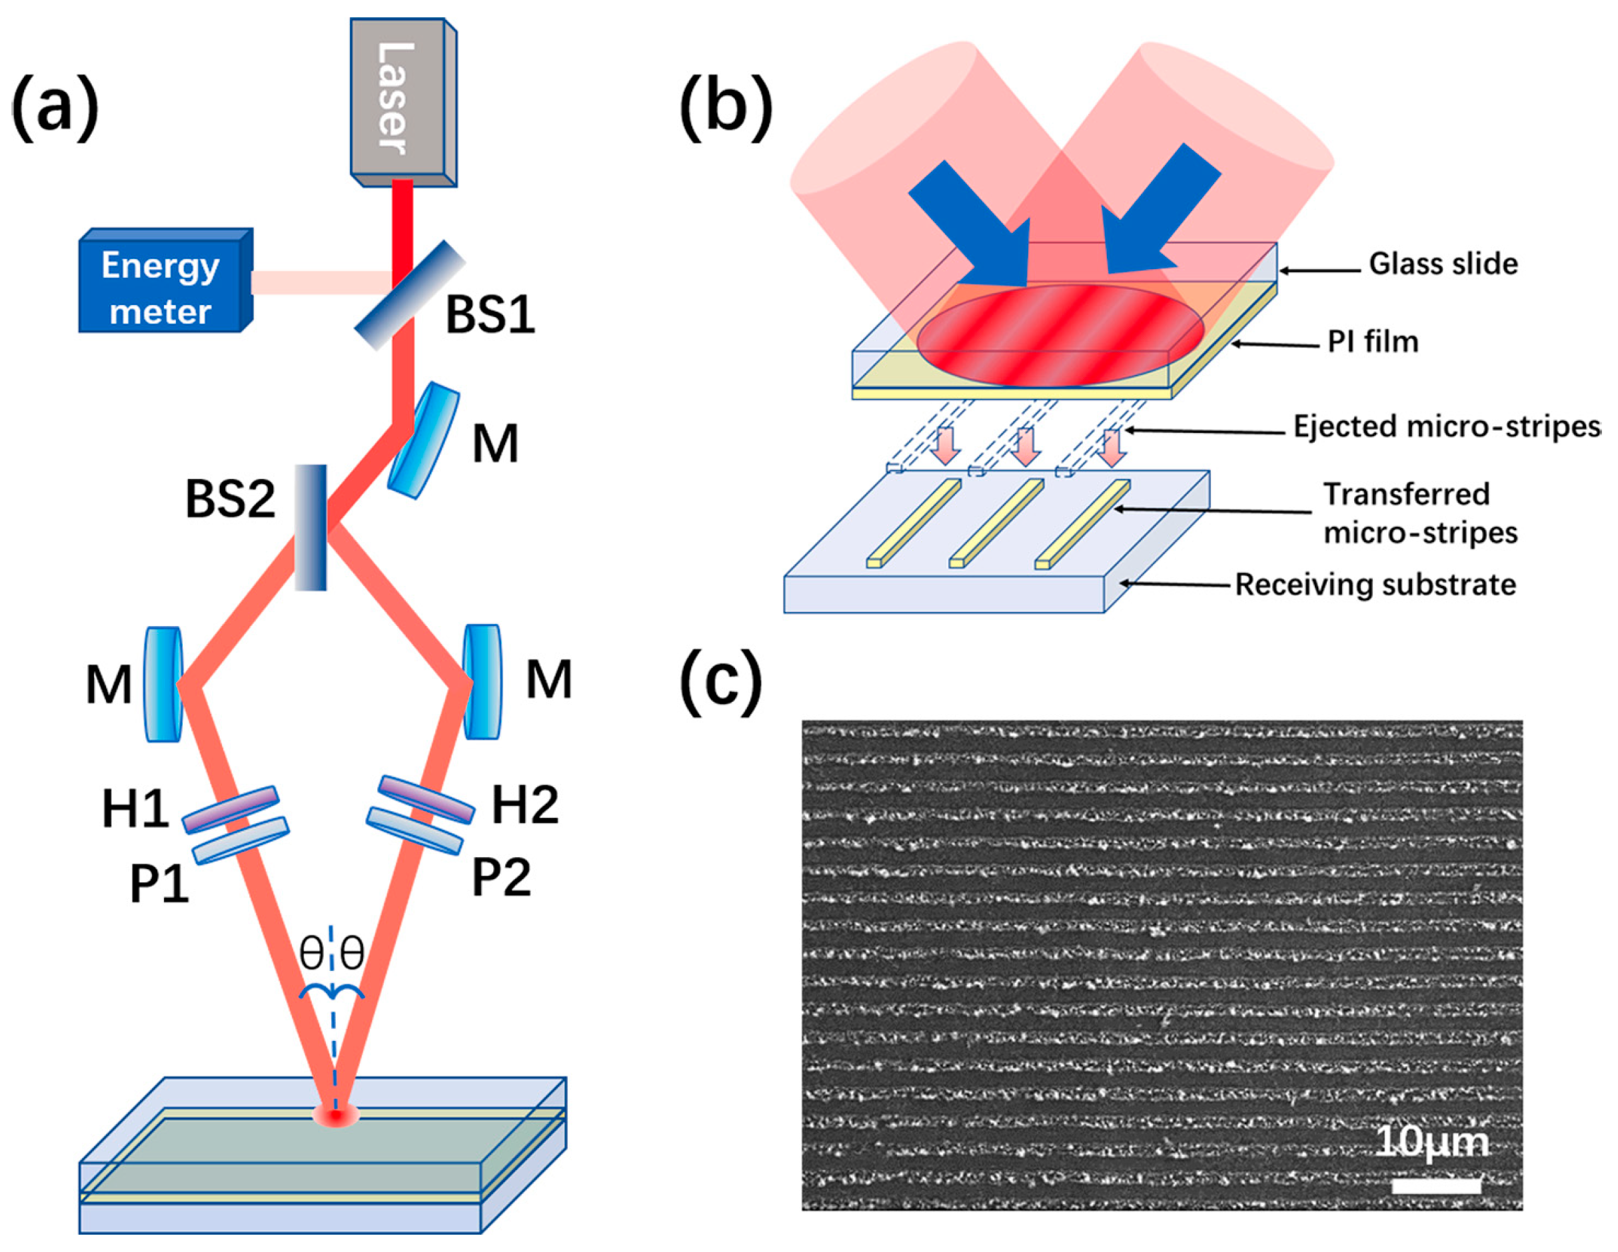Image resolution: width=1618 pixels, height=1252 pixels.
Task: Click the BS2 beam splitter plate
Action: click(x=311, y=527)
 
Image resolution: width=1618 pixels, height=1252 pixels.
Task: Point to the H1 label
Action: click(x=135, y=808)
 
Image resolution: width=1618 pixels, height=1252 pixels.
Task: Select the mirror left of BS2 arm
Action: click(x=164, y=683)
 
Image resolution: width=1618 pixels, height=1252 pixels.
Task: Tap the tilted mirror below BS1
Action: click(x=423, y=439)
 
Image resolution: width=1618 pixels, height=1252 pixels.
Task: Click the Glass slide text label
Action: click(x=1443, y=264)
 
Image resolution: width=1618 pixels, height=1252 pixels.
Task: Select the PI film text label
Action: click(x=1372, y=342)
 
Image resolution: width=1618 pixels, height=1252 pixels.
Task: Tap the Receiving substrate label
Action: click(x=1375, y=585)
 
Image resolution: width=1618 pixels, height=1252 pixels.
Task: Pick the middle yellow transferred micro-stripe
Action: click(x=996, y=523)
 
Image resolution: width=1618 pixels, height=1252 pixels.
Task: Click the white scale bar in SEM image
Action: click(x=1436, y=1185)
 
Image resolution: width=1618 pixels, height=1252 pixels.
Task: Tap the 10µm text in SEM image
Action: click(x=1431, y=1142)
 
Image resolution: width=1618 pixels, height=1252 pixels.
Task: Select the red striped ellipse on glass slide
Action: click(x=1060, y=336)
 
